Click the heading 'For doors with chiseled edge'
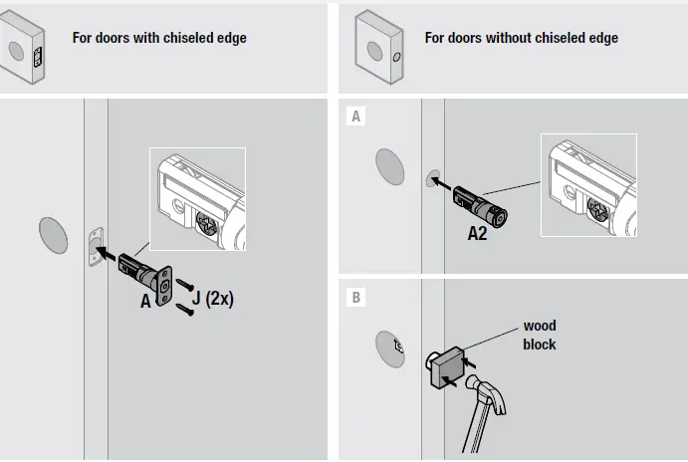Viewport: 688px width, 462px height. point(159,38)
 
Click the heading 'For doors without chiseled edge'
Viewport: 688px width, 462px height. point(521,38)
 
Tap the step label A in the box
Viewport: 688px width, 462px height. point(355,116)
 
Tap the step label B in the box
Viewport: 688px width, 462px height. point(355,296)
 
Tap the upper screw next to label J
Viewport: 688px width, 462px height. point(184,286)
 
